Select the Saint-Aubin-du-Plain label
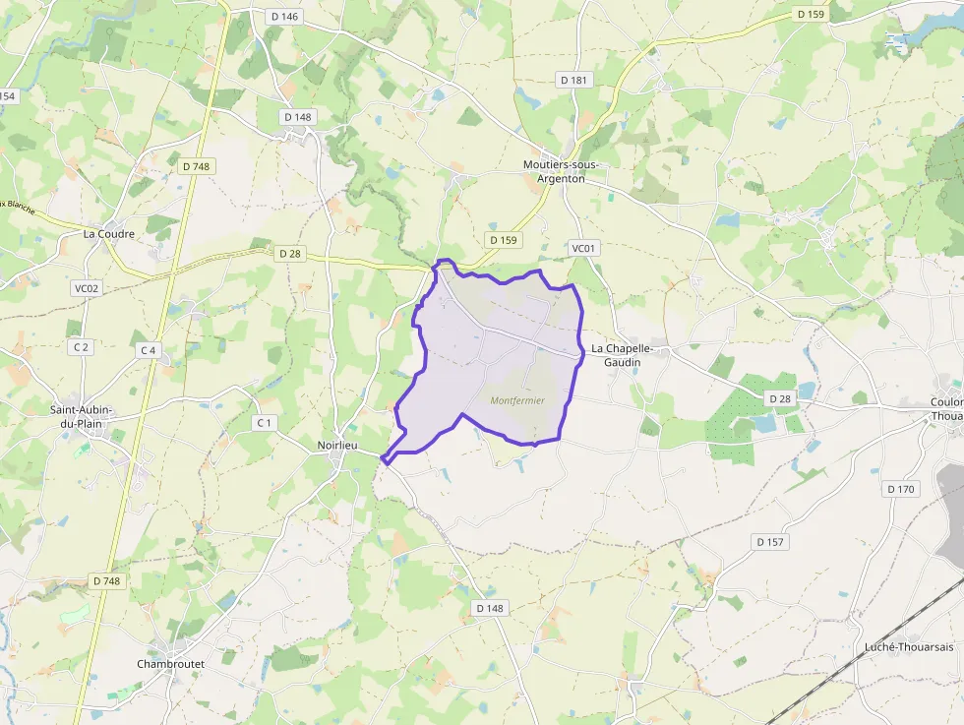click(81, 416)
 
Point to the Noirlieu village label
click(336, 446)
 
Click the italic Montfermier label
click(517, 400)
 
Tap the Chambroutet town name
click(170, 664)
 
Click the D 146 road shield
click(283, 16)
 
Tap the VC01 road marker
click(583, 249)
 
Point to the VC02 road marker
click(87, 288)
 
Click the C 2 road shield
click(81, 346)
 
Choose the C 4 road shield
click(149, 350)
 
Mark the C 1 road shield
click(263, 423)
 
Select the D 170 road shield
click(900, 489)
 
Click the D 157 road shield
click(771, 542)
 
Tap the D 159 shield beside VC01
click(504, 240)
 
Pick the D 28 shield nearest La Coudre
click(290, 254)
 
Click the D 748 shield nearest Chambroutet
click(106, 581)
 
